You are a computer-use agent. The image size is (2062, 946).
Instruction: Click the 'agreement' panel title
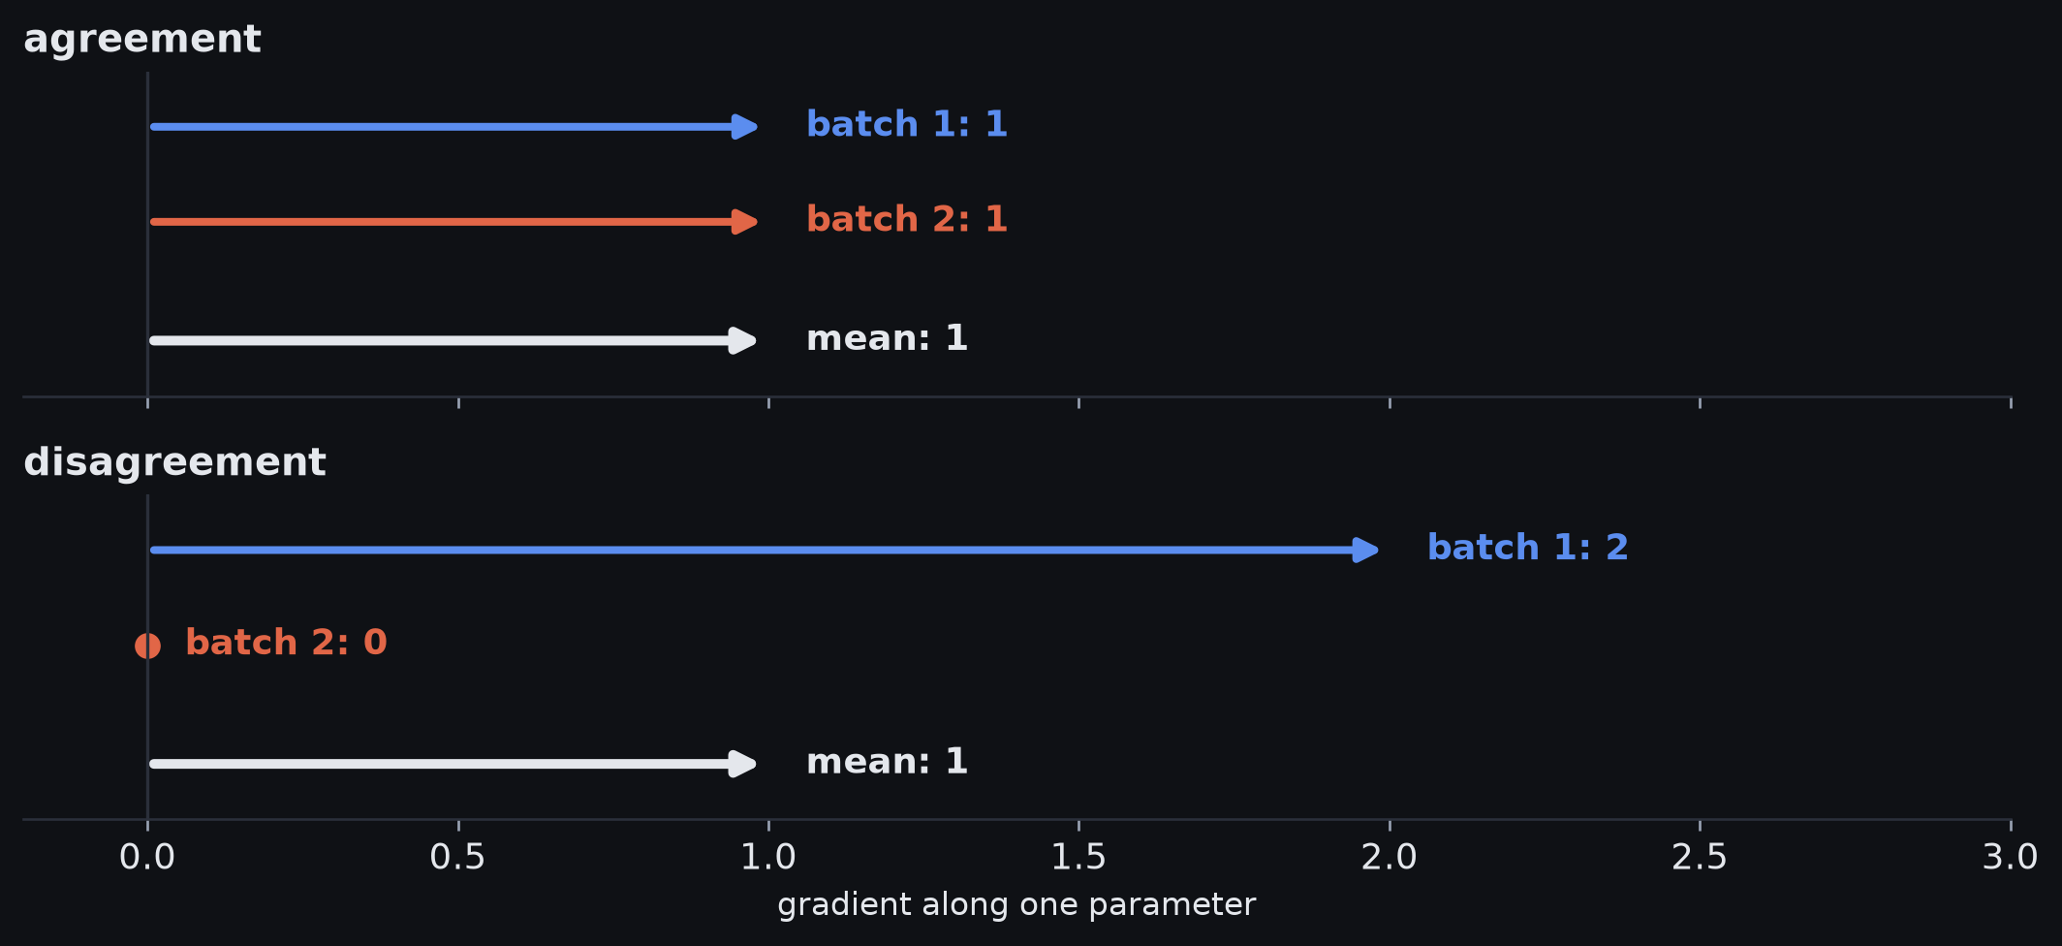pyautogui.click(x=142, y=40)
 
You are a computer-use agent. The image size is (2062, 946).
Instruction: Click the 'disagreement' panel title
pyautogui.click(x=174, y=462)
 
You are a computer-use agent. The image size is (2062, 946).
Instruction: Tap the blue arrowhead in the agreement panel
pyautogui.click(x=744, y=127)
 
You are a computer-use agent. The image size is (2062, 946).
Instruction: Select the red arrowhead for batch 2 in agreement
pyautogui.click(x=744, y=222)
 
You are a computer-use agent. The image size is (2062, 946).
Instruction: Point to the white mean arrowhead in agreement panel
pyautogui.click(x=743, y=340)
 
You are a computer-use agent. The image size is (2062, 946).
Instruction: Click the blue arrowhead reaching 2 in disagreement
pyautogui.click(x=1365, y=551)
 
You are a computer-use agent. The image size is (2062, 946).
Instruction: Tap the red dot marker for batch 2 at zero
pyautogui.click(x=147, y=646)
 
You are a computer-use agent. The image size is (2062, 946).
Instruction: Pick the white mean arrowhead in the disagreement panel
pyautogui.click(x=743, y=764)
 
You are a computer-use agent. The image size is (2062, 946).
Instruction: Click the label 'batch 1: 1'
pyautogui.click(x=907, y=124)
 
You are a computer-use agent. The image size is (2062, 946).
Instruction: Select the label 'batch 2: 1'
pyautogui.click(x=907, y=219)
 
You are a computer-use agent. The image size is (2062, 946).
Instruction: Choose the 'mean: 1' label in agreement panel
pyautogui.click(x=887, y=338)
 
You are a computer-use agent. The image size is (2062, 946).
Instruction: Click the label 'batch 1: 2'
pyautogui.click(x=1528, y=548)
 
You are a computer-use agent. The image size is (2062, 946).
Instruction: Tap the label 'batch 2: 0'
pyautogui.click(x=286, y=643)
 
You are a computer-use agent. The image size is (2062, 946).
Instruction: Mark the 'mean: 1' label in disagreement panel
pyautogui.click(x=887, y=762)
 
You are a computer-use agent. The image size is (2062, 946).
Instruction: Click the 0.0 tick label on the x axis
pyautogui.click(x=147, y=857)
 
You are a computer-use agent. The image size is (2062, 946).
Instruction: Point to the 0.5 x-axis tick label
pyautogui.click(x=458, y=857)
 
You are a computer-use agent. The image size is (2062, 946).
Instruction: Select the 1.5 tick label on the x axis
pyautogui.click(x=1078, y=857)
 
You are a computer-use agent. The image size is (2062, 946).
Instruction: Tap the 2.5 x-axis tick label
pyautogui.click(x=1700, y=857)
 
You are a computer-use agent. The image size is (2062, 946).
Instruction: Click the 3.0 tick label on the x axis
pyautogui.click(x=2011, y=857)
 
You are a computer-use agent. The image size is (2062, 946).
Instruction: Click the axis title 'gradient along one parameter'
pyautogui.click(x=1016, y=904)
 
